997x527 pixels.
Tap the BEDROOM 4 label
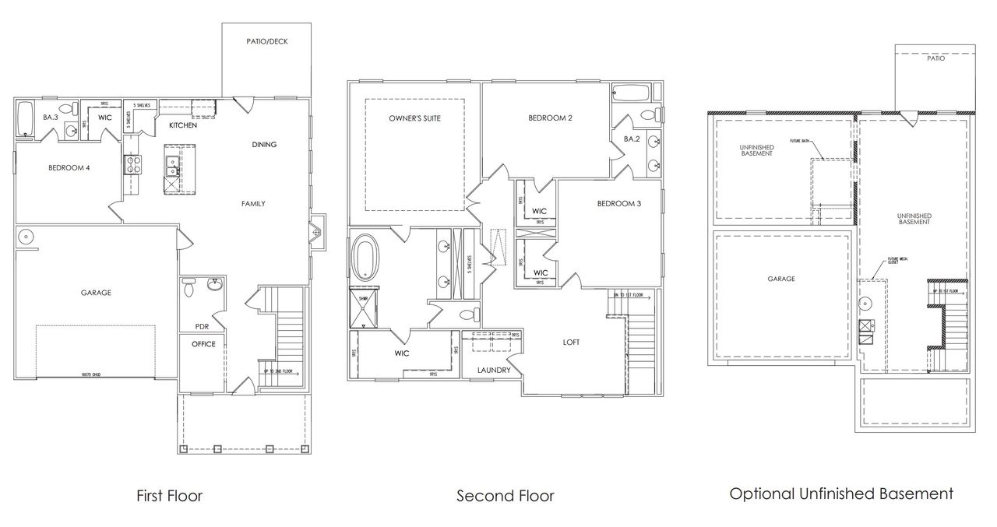69,167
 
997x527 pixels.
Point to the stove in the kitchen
131,165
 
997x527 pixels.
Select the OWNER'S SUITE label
415,118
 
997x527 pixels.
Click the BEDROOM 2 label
550,118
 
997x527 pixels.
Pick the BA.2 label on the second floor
631,139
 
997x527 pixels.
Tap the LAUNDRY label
495,370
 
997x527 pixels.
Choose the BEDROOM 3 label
619,204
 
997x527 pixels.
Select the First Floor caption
169,496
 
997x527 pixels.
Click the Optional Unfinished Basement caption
841,494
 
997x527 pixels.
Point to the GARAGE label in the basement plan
780,278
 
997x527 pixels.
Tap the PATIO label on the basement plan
935,58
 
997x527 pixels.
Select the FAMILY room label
253,204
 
